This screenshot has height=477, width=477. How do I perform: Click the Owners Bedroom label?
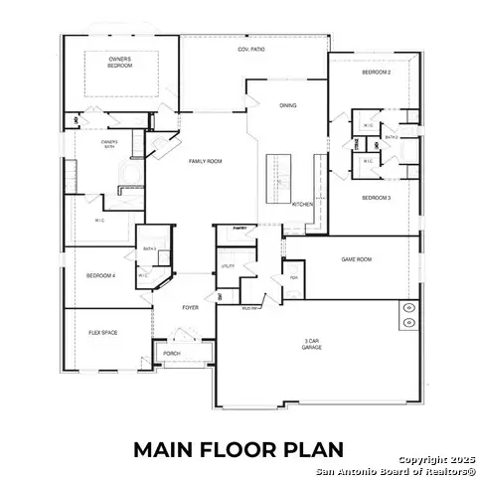coord(120,63)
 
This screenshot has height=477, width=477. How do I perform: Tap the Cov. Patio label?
coord(249,50)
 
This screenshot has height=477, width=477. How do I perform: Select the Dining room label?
coord(288,105)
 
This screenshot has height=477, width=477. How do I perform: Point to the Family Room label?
coord(206,160)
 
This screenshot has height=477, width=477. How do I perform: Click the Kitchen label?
coord(302,204)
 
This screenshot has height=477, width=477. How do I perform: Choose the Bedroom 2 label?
coord(376,74)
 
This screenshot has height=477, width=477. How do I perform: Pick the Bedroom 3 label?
coord(376,198)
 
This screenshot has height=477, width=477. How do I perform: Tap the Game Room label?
coord(356,259)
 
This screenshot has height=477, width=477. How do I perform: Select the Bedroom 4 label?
coord(101,275)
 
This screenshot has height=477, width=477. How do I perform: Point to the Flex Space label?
coord(103,332)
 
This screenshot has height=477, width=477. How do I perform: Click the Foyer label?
coord(190,307)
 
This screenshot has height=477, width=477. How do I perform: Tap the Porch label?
coord(172,353)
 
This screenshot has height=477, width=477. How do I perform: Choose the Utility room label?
coord(228,266)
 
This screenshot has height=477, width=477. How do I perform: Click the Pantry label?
coord(239,229)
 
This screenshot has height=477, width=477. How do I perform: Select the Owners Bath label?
coord(109,145)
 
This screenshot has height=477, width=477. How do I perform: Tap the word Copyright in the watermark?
coord(420,459)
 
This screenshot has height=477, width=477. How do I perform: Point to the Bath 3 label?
coord(149,247)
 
